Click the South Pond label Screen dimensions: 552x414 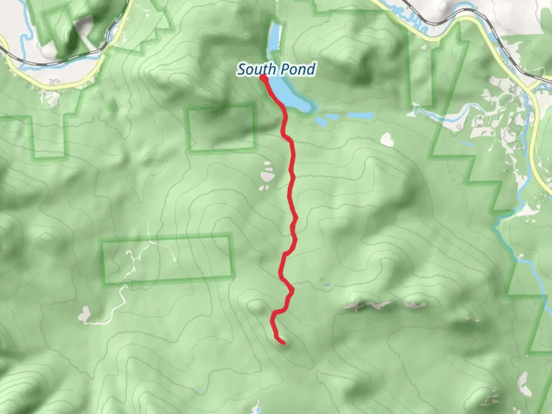point(276,69)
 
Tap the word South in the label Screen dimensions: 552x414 point(256,69)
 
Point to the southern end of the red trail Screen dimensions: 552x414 point(283,342)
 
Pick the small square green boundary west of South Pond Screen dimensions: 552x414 point(222,127)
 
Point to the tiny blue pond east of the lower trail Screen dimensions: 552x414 point(326,285)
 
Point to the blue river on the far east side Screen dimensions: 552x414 point(533,268)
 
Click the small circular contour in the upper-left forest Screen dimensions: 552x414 point(112,104)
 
